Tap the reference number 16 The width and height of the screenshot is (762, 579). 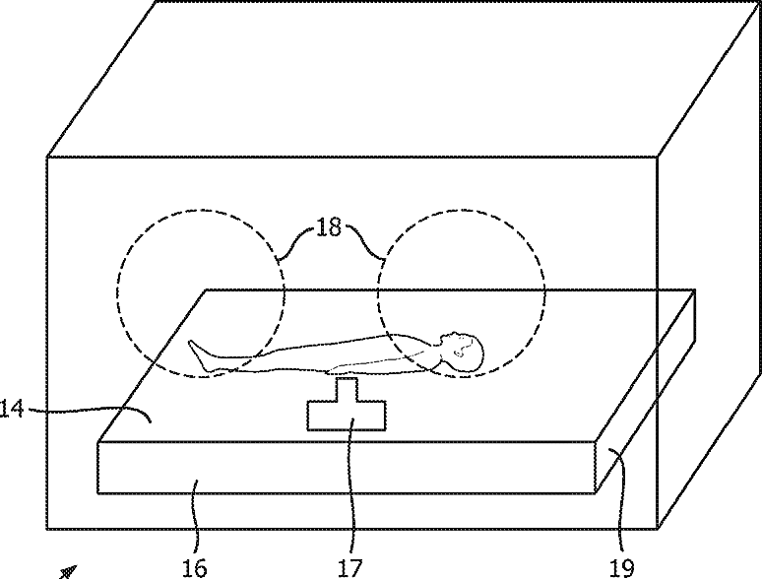[195, 567]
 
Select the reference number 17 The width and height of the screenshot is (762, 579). [350, 567]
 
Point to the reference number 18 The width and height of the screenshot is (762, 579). [329, 227]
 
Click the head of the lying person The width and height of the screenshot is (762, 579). [465, 352]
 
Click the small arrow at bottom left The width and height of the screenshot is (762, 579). [67, 570]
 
